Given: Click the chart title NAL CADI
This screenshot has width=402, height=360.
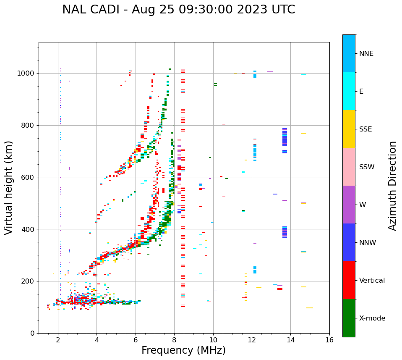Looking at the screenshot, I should (178, 10).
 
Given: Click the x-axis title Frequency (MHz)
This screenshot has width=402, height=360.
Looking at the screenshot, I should (183, 350).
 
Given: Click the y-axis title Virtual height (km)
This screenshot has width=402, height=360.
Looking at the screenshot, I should (9, 187).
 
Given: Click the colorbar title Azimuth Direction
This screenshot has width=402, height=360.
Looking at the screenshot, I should (392, 186).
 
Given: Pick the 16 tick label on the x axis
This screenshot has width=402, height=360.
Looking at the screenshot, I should (329, 340).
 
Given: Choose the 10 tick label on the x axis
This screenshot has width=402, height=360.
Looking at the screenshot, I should (213, 340).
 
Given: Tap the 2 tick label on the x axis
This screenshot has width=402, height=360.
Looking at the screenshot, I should (58, 340).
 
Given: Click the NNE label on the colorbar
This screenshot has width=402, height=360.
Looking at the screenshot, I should (366, 54).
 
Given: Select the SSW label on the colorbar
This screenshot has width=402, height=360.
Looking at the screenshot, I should (367, 167).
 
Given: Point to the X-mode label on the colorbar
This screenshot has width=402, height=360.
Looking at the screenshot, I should (372, 318).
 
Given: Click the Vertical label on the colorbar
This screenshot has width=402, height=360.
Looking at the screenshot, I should (372, 281).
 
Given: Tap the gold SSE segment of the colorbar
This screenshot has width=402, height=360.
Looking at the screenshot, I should (349, 129).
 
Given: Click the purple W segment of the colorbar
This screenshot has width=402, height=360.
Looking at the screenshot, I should (349, 205).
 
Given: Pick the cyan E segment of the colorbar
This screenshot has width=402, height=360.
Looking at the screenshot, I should (349, 91).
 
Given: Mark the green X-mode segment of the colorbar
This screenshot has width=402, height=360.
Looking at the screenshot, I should (349, 318).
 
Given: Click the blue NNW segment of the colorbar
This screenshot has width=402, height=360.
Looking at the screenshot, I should (349, 242).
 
